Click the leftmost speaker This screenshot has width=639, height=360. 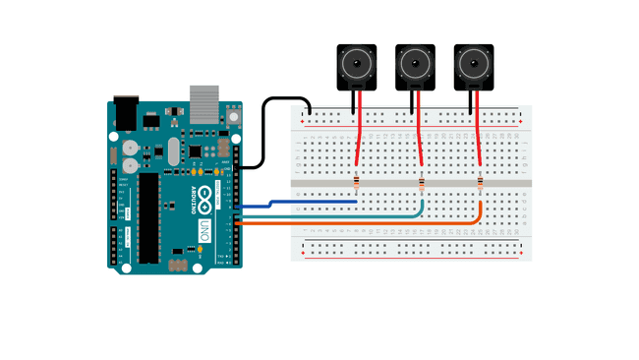pos(357,67)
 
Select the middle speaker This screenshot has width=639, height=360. pos(415,67)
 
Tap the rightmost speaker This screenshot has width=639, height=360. pos(473,67)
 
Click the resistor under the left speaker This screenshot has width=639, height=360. pos(356,183)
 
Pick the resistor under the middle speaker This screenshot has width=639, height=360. pos(422,184)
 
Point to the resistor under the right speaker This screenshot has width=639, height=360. pos(480,183)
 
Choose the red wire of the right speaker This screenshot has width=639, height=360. pos(477,128)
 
